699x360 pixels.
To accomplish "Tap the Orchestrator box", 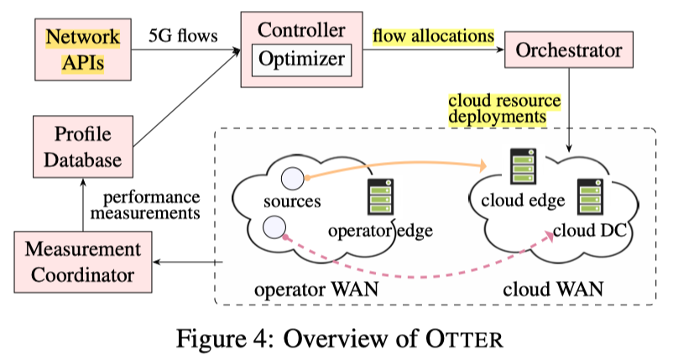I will coord(569,50).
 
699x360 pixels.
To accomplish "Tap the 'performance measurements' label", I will coord(151,206).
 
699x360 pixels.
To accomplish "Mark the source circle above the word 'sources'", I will coord(291,178).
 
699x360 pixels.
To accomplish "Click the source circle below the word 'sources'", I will coord(272,226).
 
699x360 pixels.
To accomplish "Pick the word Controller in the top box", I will coord(301,30).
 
